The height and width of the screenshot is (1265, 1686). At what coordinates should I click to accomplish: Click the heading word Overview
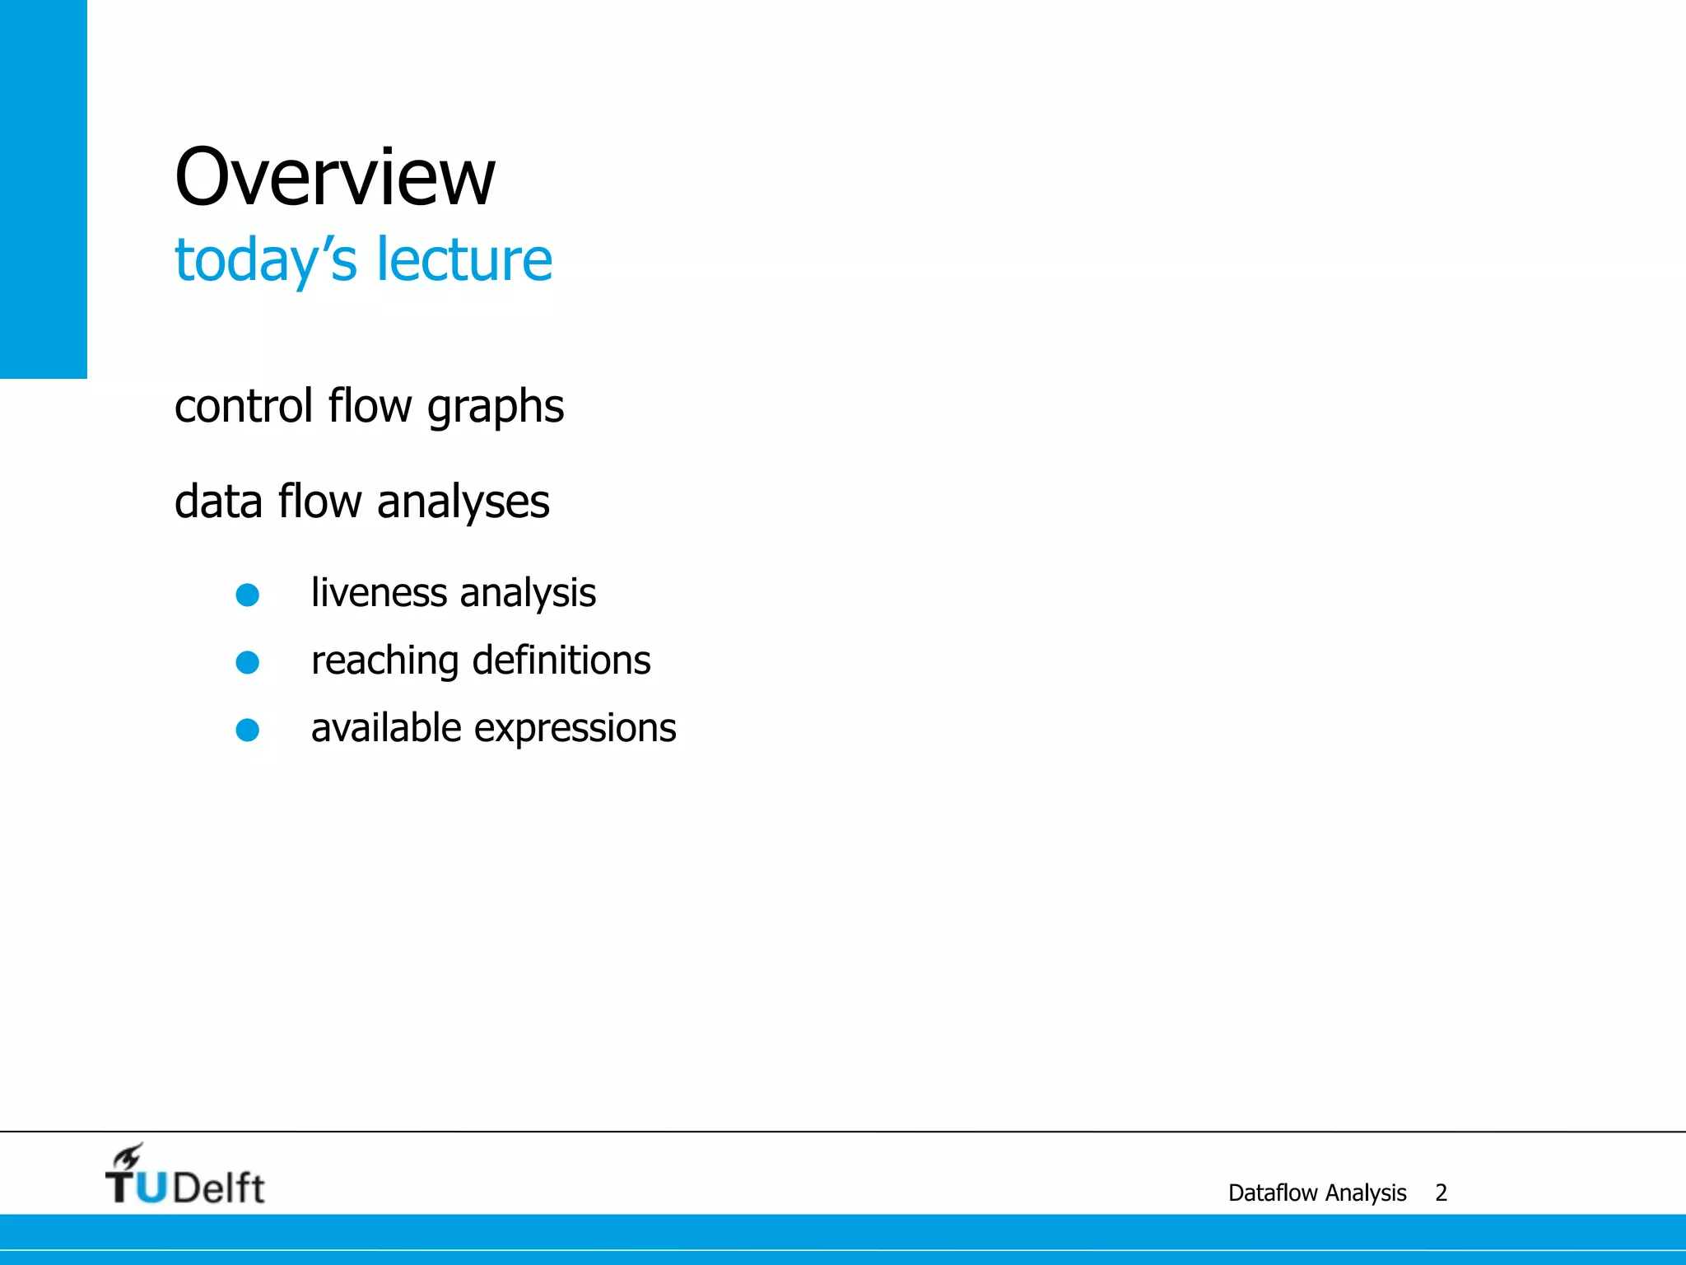[335, 178]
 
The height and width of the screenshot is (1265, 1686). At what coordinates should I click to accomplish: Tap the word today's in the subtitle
[265, 260]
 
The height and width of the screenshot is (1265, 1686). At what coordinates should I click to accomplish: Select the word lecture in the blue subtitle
[464, 259]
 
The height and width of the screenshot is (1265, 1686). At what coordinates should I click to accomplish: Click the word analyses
[463, 502]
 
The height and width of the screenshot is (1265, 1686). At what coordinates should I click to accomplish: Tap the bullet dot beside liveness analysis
[248, 595]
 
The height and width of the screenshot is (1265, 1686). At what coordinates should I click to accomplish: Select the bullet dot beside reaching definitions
[248, 662]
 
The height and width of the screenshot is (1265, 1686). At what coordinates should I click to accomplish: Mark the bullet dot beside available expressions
[248, 730]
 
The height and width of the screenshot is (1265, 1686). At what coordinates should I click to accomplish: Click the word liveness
[379, 593]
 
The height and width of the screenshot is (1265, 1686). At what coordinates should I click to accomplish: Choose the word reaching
[384, 661]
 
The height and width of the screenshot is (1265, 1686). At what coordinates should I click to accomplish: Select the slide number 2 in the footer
[1441, 1193]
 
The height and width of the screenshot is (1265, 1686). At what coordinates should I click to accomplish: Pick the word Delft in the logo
[219, 1188]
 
